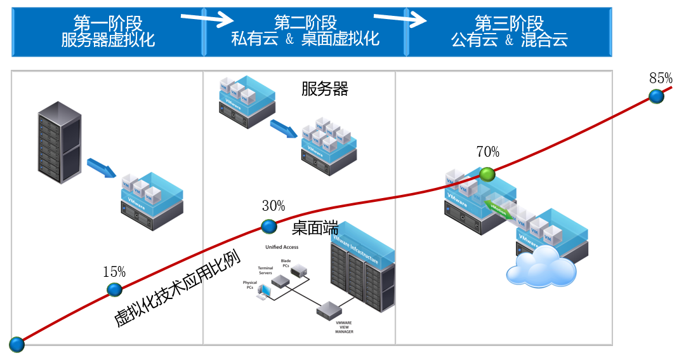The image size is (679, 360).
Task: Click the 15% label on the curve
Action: (x=114, y=272)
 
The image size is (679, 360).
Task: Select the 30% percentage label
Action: (x=274, y=206)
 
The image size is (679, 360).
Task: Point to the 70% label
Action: (x=487, y=152)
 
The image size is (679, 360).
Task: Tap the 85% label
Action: (x=661, y=79)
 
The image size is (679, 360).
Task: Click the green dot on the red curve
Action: (x=487, y=174)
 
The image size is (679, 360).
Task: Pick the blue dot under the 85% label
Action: (x=657, y=97)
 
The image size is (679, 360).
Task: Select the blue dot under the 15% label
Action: (x=114, y=290)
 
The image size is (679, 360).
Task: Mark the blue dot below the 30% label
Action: (x=270, y=226)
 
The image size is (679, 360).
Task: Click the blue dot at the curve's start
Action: (x=16, y=345)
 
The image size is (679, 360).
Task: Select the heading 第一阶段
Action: (x=108, y=24)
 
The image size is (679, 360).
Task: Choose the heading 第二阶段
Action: (x=305, y=24)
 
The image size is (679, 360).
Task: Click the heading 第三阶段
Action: (x=509, y=24)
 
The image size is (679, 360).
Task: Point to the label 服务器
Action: (x=325, y=89)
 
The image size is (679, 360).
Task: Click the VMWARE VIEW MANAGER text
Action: (x=345, y=327)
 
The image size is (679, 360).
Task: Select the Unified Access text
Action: (x=282, y=247)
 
